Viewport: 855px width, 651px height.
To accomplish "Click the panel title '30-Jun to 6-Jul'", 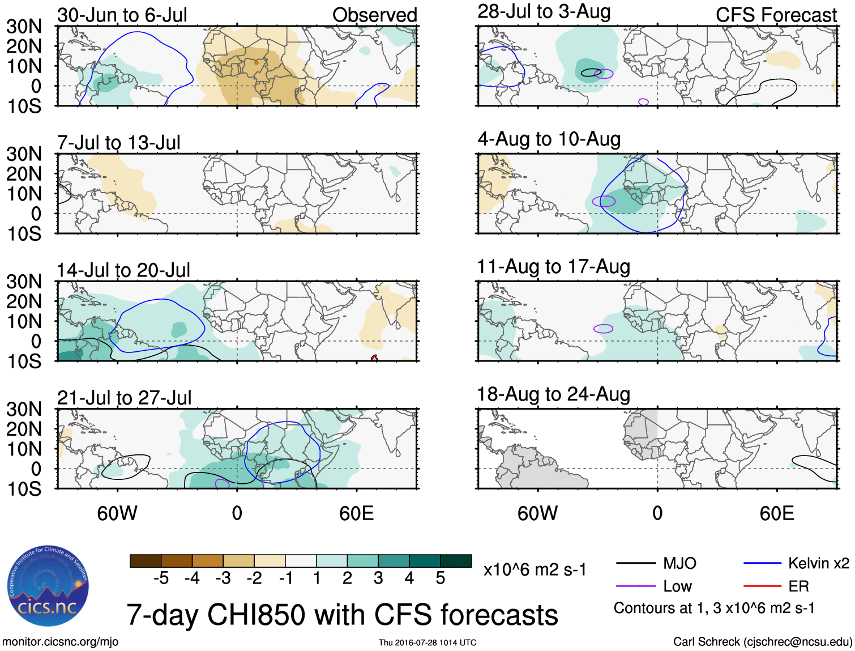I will click(x=122, y=15).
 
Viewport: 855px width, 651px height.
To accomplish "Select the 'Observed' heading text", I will click(x=374, y=15).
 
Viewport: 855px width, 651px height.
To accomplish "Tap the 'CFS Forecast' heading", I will click(x=776, y=15).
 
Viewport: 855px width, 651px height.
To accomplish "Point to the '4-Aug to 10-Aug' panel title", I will click(x=549, y=139).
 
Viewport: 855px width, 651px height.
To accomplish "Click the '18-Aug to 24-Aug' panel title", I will click(x=553, y=394).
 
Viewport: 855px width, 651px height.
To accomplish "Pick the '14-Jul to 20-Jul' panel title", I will click(x=123, y=270).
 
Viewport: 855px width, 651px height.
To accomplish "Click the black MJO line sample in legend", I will click(x=636, y=563).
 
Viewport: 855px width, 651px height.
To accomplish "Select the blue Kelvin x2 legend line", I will click(x=762, y=563).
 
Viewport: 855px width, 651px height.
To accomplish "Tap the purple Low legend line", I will click(x=636, y=586).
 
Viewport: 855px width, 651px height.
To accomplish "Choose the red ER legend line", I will click(x=762, y=586).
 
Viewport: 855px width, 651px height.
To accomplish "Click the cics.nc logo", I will click(x=48, y=586).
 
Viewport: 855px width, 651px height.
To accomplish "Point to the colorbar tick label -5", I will click(x=161, y=578).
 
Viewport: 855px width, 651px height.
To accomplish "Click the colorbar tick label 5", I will click(x=441, y=578).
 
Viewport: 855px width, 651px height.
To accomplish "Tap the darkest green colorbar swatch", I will click(x=456, y=561).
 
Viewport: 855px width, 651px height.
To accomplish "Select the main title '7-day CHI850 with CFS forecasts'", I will click(x=342, y=615).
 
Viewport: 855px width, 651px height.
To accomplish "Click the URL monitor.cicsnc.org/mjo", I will click(x=61, y=642).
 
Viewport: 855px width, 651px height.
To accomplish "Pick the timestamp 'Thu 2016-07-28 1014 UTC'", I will click(x=427, y=643).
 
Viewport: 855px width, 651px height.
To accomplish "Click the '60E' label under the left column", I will click(x=356, y=513).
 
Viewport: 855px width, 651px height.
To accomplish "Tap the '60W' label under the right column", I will click(x=537, y=513).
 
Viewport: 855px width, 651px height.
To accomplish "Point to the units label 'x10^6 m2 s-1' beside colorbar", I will click(x=535, y=569).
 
